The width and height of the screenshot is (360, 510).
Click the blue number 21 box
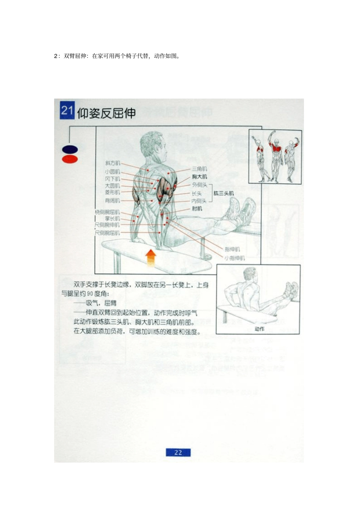click(x=67, y=110)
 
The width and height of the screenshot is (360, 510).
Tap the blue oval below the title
click(x=70, y=150)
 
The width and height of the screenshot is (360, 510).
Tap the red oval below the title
click(x=70, y=159)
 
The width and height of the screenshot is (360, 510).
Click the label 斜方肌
click(x=113, y=163)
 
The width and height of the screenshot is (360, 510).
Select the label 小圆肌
click(x=113, y=172)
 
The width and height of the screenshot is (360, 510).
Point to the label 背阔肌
click(x=113, y=200)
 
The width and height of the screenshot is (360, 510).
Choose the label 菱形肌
click(x=113, y=193)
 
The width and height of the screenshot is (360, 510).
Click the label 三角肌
click(x=199, y=169)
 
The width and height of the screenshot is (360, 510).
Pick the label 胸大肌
click(x=199, y=177)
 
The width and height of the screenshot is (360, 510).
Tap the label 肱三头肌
click(x=224, y=193)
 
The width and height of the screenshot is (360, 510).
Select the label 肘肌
click(x=197, y=209)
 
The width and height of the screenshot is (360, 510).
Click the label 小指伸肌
click(x=235, y=258)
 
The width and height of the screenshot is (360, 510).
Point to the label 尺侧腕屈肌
click(x=107, y=232)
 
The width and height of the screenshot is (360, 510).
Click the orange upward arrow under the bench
click(x=151, y=258)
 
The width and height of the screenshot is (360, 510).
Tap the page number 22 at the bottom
click(x=178, y=452)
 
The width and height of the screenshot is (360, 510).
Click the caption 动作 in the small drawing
click(x=260, y=329)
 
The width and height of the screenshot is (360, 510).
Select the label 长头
click(x=197, y=193)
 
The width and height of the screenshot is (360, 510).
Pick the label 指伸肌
click(x=232, y=249)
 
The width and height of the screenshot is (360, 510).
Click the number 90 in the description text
click(x=90, y=293)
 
